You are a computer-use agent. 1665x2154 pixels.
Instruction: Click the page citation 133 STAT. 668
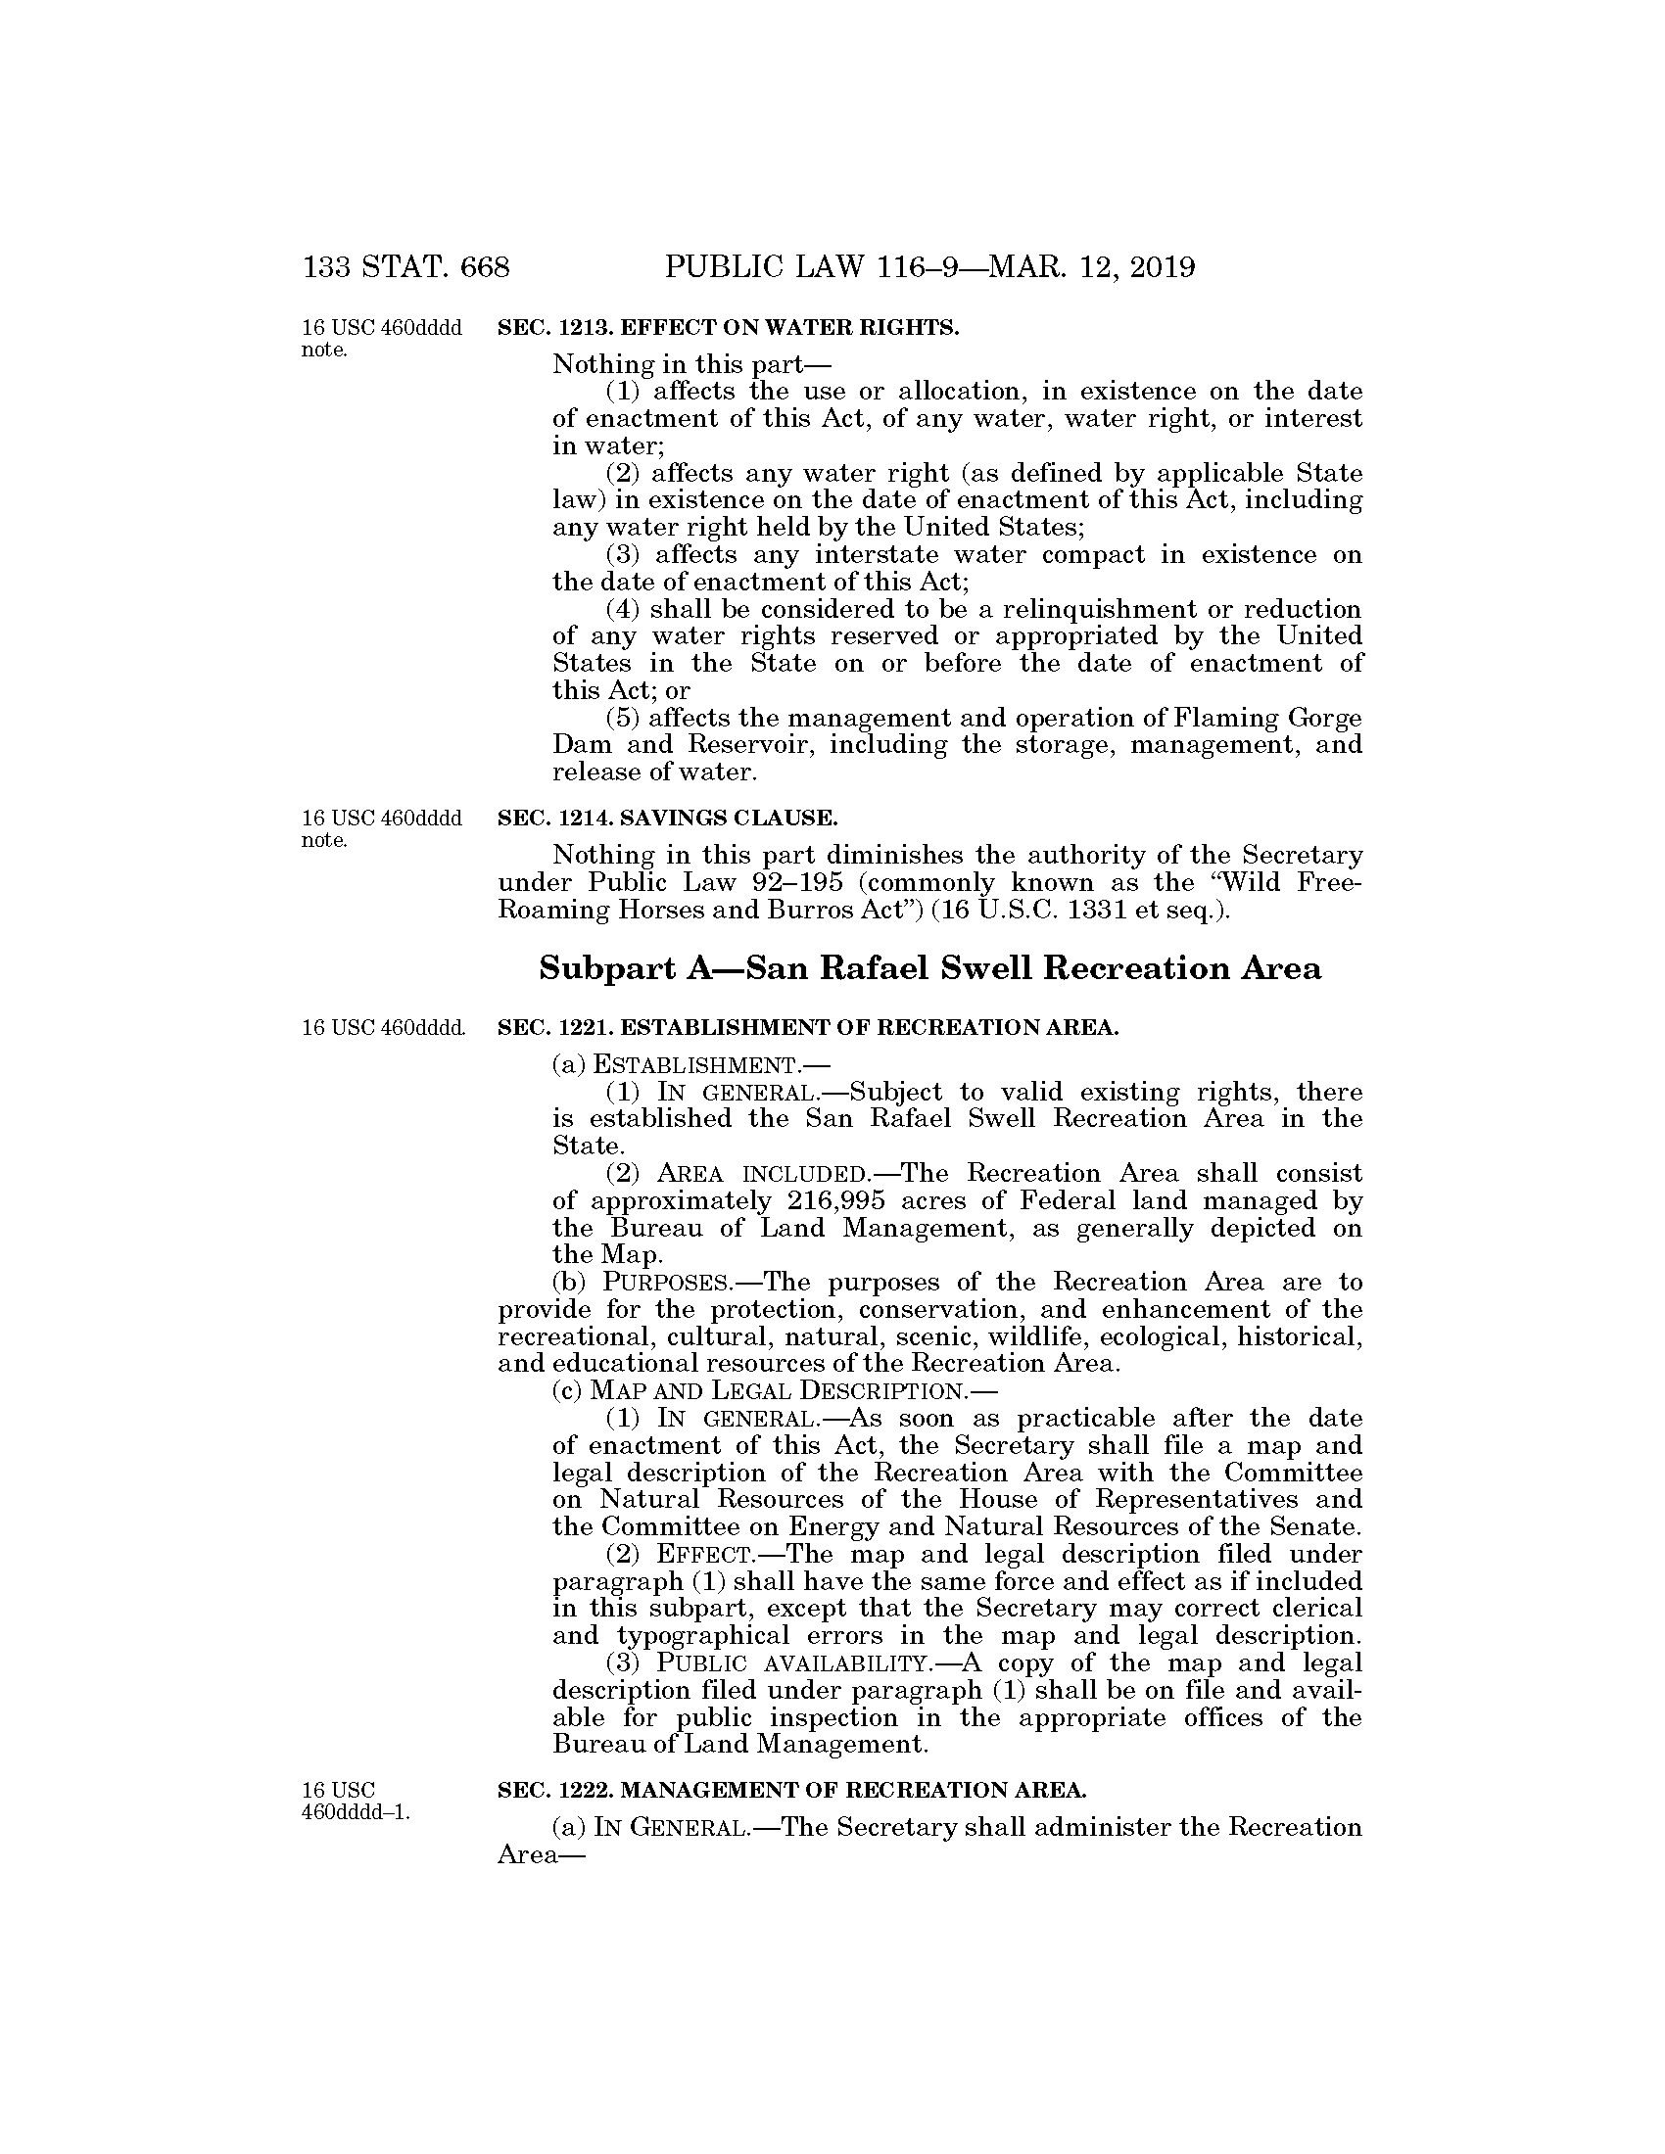click(x=406, y=267)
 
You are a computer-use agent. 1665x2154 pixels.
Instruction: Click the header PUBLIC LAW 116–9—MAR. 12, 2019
click(x=930, y=267)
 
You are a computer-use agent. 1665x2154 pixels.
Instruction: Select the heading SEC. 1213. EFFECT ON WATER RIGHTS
click(x=728, y=328)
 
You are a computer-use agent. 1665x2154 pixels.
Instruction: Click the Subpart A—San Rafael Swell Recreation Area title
click(x=929, y=968)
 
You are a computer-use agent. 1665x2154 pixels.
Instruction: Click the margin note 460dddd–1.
click(x=357, y=1812)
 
